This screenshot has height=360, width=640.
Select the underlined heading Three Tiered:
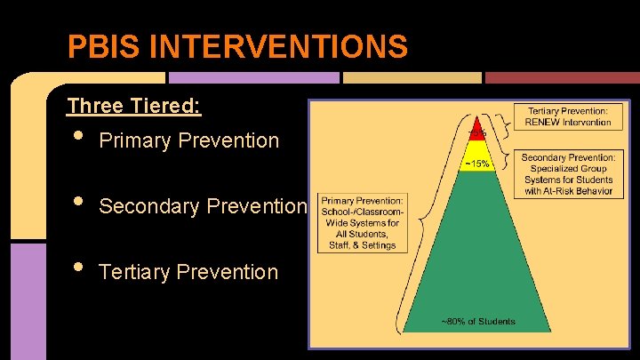click(134, 107)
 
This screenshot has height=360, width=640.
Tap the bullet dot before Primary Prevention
click(78, 138)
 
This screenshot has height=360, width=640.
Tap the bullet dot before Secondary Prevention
click(78, 204)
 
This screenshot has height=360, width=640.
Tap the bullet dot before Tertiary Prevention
click(78, 269)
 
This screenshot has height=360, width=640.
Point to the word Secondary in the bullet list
click(148, 206)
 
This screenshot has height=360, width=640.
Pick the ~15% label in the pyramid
click(478, 163)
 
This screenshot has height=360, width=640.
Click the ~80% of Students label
click(478, 321)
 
